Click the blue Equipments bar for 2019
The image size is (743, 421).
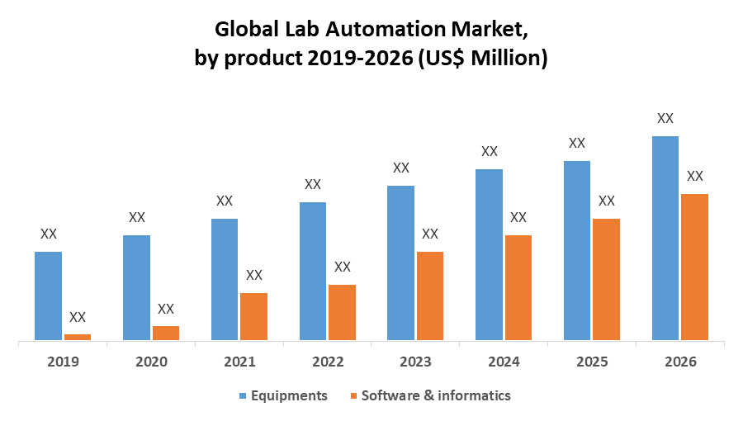pos(48,296)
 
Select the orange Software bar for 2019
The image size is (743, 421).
pos(78,336)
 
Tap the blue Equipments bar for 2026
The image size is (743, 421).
pos(665,238)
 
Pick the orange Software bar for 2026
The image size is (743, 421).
pos(694,267)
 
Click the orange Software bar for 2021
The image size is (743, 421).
pos(253,316)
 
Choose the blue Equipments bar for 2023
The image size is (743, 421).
pos(400,263)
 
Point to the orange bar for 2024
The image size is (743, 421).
pos(518,287)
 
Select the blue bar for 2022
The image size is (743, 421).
pos(312,271)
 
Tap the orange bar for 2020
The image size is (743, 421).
pos(165,332)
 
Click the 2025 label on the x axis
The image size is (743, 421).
pos(592,362)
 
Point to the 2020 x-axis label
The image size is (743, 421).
pos(151,362)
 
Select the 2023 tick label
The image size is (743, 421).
pos(415,362)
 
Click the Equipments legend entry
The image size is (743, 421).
pos(290,395)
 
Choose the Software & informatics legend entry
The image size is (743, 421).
pos(437,395)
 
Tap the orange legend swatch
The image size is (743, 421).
pos(354,396)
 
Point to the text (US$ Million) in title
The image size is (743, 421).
pos(481,59)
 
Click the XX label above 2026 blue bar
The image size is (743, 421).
pos(665,118)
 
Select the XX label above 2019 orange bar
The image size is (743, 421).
pos(78,317)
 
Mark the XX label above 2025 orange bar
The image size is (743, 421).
pos(607,201)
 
